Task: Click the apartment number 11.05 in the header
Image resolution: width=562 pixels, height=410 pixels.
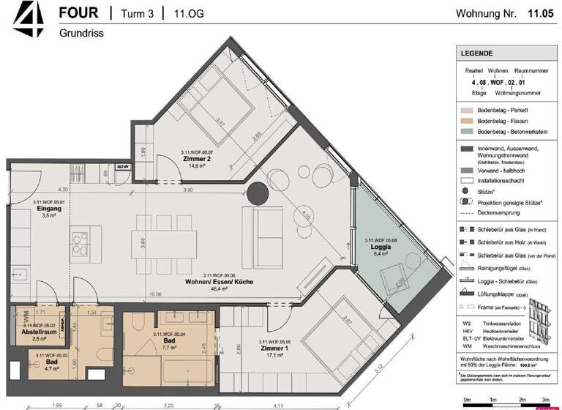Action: point(540,13)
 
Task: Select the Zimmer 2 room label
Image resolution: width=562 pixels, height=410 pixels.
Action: point(196,158)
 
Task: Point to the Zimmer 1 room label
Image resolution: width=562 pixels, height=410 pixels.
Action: point(276,348)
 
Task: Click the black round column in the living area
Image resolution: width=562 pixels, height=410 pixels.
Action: point(258,194)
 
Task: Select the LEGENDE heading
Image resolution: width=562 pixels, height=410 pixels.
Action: point(476,53)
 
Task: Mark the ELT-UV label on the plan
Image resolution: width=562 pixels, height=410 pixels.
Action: point(121,166)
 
